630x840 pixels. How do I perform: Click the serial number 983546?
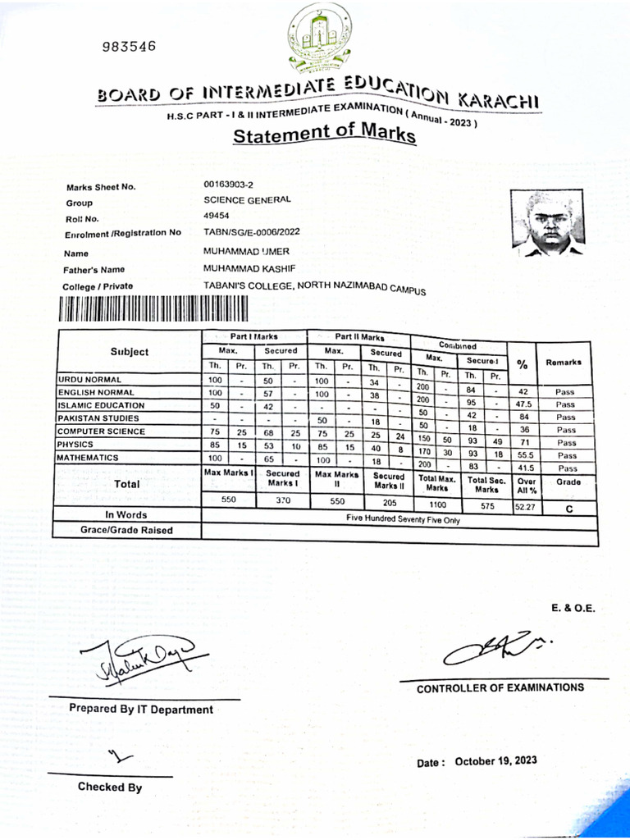click(129, 47)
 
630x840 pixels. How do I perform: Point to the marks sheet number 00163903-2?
click(228, 185)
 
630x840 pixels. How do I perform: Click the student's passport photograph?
click(547, 222)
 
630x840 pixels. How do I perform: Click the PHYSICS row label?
click(77, 444)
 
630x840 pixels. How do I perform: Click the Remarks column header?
click(563, 362)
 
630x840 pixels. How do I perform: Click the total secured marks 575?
click(487, 507)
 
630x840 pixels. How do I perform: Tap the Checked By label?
click(110, 787)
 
